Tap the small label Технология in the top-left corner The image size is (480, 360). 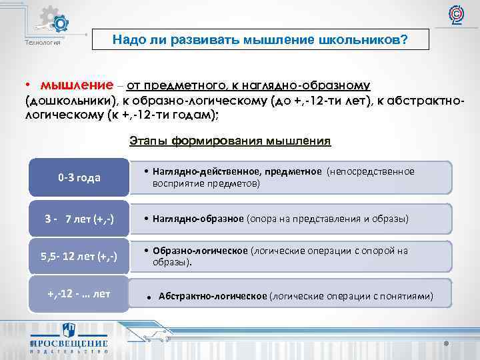(43, 43)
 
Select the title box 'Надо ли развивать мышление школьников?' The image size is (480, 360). (260, 40)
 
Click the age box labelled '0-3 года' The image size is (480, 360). (79, 178)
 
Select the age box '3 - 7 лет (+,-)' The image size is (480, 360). (79, 219)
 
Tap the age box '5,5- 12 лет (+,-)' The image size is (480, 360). (79, 257)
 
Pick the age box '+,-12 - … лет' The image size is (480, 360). (79, 293)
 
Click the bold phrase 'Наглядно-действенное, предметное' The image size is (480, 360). (237, 172)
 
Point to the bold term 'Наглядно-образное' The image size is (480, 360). (198, 219)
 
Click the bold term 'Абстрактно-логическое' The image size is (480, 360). (212, 296)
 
